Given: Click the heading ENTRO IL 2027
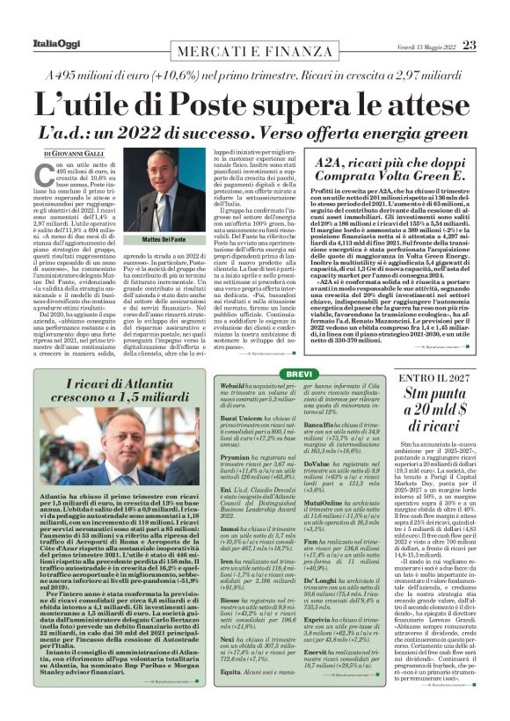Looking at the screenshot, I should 435,377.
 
